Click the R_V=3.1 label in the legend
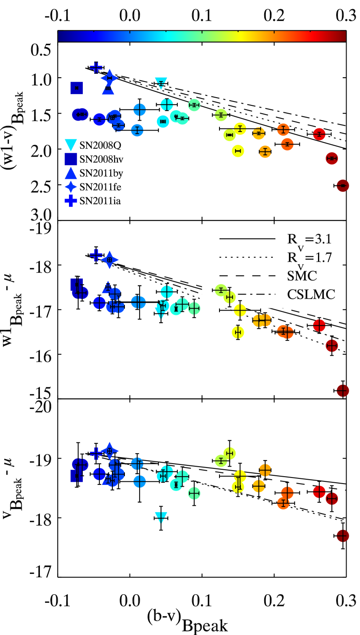[x=309, y=239]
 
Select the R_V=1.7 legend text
[x=309, y=258]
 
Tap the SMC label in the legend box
[x=302, y=276]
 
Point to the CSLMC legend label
[x=311, y=295]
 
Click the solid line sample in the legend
[x=247, y=239]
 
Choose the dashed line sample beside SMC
[x=247, y=276]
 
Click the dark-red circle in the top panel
[x=343, y=186]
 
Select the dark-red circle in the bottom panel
[x=343, y=536]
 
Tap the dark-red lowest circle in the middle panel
[x=343, y=390]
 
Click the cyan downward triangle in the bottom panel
[x=161, y=517]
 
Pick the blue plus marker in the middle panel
[x=96, y=255]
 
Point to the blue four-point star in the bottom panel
[x=109, y=451]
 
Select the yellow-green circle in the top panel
[x=221, y=115]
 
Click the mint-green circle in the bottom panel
[x=194, y=493]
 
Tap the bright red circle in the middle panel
[x=319, y=325]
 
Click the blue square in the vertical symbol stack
[x=71, y=159]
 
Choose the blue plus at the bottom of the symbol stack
[x=71, y=200]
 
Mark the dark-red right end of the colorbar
[x=342, y=36]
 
